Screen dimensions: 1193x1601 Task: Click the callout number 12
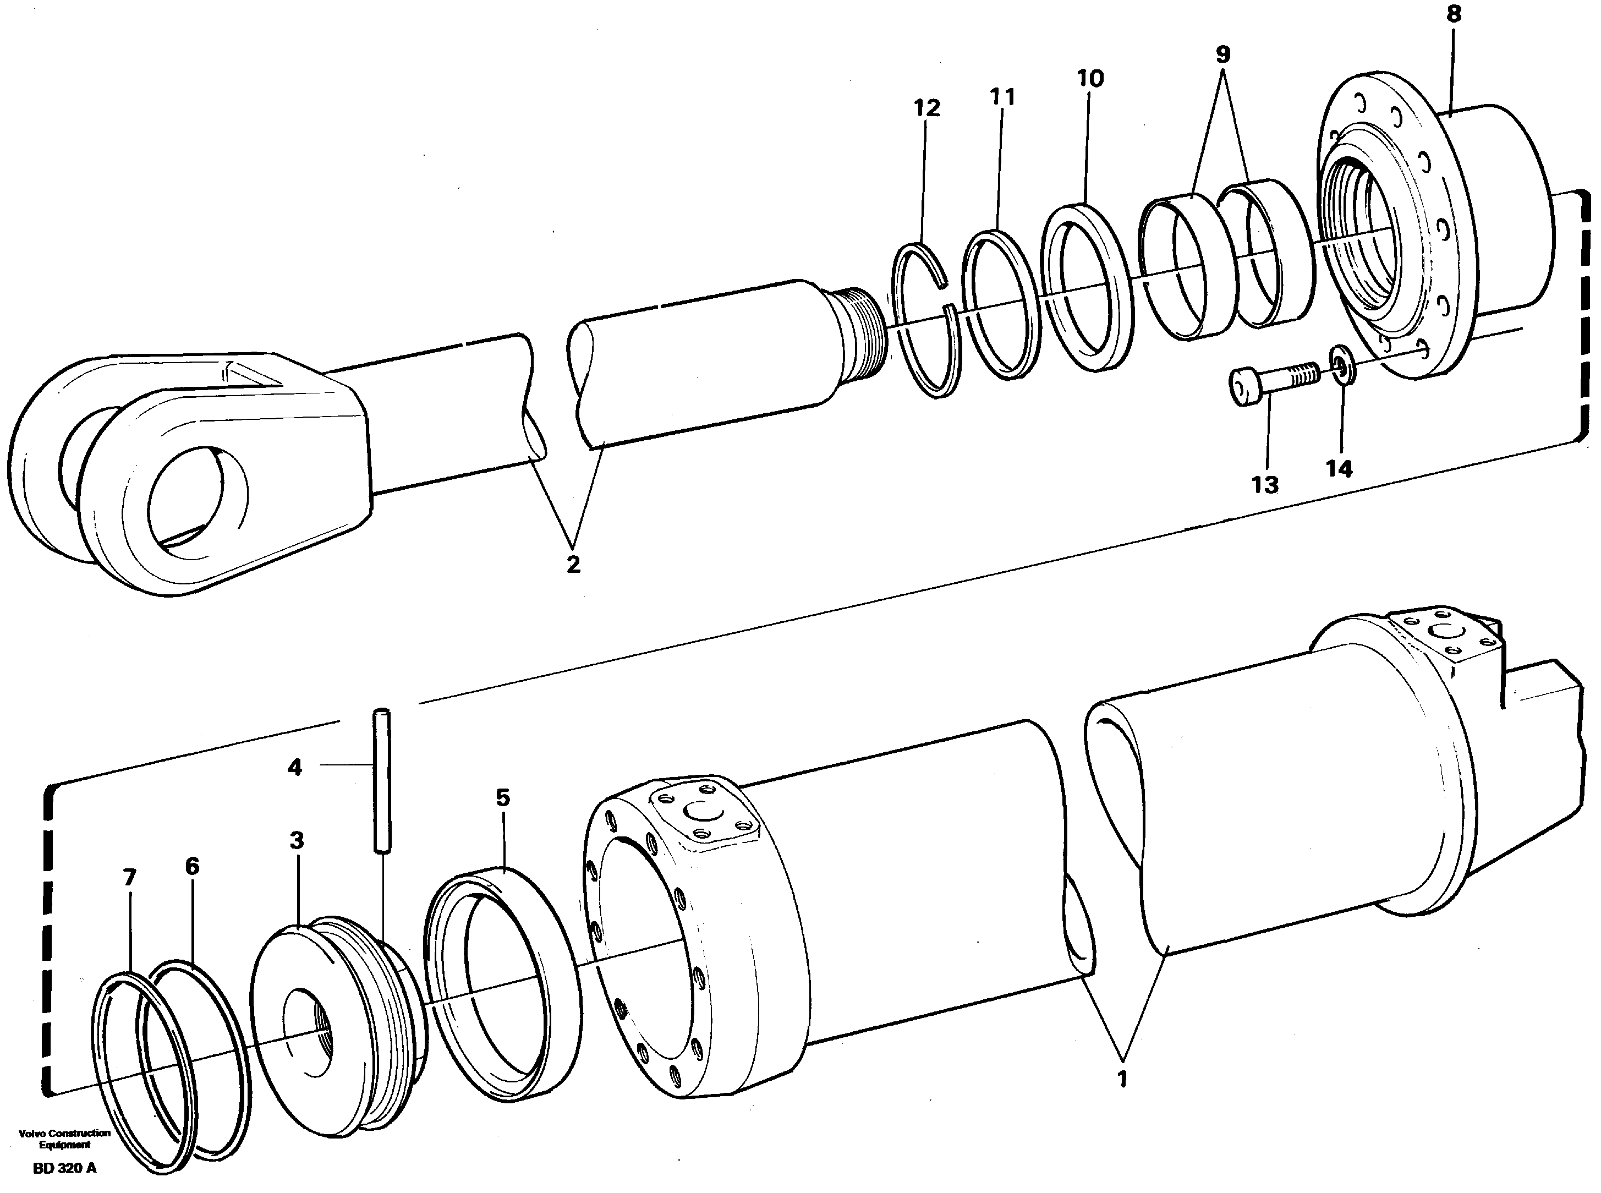[x=927, y=108]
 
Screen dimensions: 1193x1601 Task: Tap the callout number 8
[x=1454, y=14]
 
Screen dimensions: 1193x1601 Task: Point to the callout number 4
[x=294, y=767]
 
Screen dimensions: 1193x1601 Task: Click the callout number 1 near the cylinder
[x=1122, y=1100]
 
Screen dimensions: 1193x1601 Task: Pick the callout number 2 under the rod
[x=573, y=564]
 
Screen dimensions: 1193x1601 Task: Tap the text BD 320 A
[x=64, y=1168]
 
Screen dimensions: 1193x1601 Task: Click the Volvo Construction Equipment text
[x=64, y=1138]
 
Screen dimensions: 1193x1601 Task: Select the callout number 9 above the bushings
[x=1222, y=54]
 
